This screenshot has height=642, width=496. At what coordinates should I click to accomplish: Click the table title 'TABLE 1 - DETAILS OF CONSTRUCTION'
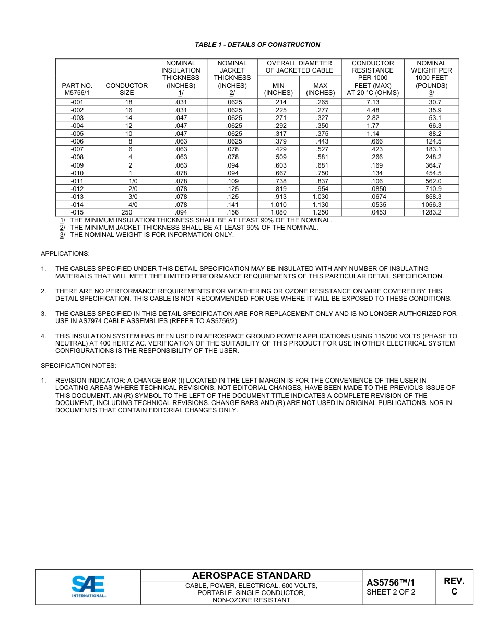coord(257,45)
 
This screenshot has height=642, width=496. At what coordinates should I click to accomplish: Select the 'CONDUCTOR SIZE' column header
coord(126,89)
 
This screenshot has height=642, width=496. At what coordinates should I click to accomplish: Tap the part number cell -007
coord(77,149)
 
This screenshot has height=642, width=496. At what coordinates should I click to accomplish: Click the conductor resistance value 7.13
coord(372,102)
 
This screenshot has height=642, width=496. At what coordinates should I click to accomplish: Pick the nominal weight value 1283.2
coord(431,212)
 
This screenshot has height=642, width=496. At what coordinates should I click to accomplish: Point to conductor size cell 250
coord(126,212)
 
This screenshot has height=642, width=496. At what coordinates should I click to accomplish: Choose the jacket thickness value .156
coord(232,212)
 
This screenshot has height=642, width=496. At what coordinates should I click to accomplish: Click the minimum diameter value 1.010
coord(278,205)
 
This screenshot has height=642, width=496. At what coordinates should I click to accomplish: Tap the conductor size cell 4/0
coord(133,205)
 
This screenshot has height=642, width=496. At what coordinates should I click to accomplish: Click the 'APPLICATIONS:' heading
coord(65,254)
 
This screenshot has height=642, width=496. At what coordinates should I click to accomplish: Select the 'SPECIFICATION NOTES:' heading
coord(78,365)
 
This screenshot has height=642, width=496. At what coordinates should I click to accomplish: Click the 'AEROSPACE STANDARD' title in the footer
coord(251,576)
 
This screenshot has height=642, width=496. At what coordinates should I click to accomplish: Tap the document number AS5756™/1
coord(390,582)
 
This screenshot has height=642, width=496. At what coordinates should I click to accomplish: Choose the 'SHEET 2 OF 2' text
coord(391,592)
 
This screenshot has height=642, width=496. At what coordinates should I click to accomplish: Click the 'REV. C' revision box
coord(454,587)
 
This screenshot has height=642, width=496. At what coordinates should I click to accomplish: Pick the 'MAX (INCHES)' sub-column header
coord(320,89)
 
